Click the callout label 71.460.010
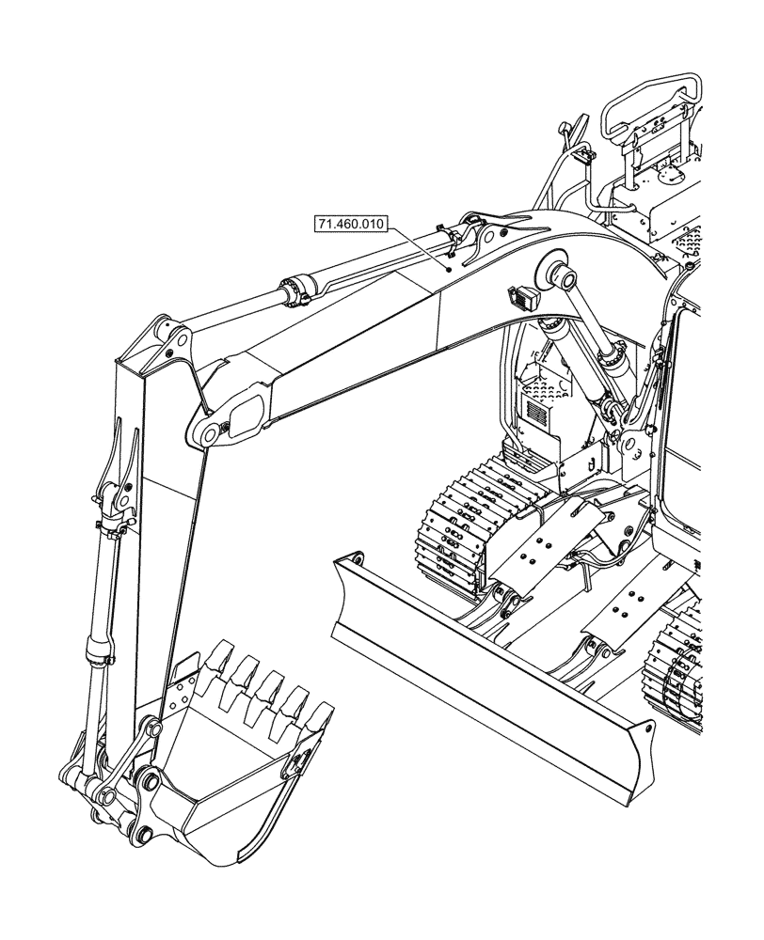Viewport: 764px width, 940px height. [x=351, y=224]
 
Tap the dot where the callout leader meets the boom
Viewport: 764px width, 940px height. [x=450, y=269]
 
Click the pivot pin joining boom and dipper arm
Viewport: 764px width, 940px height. [x=205, y=431]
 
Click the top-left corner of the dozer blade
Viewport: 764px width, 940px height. [x=350, y=560]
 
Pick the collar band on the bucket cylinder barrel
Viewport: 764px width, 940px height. [x=98, y=648]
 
